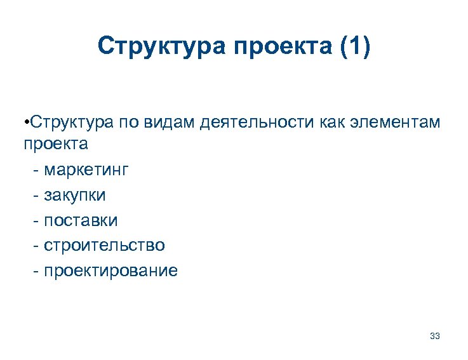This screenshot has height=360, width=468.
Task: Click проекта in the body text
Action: click(x=56, y=144)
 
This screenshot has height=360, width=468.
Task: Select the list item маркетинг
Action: click(x=86, y=170)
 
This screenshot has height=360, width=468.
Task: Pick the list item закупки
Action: click(x=75, y=194)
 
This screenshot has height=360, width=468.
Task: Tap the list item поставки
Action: click(x=81, y=220)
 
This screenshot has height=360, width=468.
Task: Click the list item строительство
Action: click(x=104, y=245)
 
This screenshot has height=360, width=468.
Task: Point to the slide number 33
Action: click(x=435, y=335)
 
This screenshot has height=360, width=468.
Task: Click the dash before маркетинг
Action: click(x=36, y=170)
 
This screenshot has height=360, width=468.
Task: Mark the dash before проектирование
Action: click(x=36, y=271)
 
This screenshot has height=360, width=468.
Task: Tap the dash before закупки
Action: click(x=36, y=195)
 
